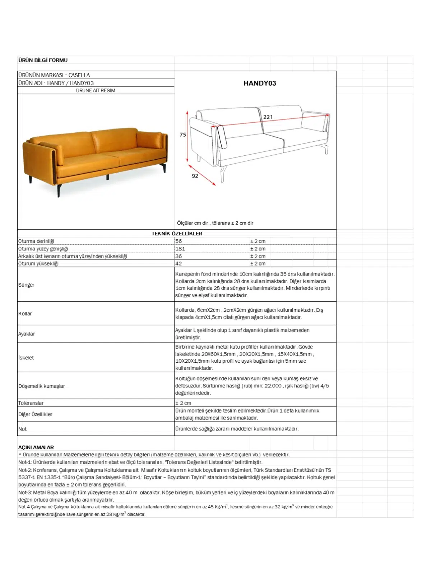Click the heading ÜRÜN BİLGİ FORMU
[43, 60]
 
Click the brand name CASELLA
[79, 75]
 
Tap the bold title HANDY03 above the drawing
[260, 83]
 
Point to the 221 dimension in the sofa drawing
[268, 117]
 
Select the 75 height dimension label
[183, 135]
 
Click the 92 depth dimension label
[195, 176]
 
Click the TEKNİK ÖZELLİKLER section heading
[177, 234]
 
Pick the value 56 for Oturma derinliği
[179, 241]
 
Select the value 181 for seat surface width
[180, 249]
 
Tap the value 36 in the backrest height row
[179, 256]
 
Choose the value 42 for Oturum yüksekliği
[179, 264]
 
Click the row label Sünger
[26, 285]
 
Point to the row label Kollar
[25, 314]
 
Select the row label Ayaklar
[27, 334]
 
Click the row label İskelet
[26, 358]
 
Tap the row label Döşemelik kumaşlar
[42, 386]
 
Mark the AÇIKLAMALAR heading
[36, 447]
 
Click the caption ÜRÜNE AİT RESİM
[96, 90]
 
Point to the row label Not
[23, 429]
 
